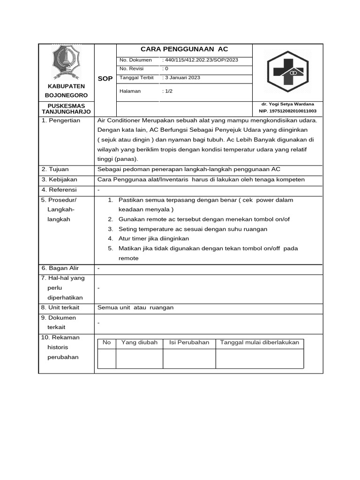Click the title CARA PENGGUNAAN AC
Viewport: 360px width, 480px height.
[x=184, y=49]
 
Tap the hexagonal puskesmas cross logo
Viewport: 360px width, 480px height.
[x=288, y=72]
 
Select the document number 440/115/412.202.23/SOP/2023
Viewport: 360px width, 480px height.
[x=200, y=60]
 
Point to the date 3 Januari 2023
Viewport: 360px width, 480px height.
[x=181, y=78]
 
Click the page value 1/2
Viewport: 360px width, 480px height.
[x=167, y=91]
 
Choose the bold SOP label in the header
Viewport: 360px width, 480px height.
[x=105, y=79]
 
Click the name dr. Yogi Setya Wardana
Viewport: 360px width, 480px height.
[x=288, y=104]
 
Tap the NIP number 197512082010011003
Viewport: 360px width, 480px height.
[x=288, y=111]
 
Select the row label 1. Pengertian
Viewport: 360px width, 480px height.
[x=61, y=120]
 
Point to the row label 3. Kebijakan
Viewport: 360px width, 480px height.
[x=59, y=180]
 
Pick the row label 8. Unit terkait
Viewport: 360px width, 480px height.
[x=60, y=307]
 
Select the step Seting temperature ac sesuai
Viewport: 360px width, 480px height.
[x=193, y=229]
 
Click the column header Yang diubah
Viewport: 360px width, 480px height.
[x=139, y=343]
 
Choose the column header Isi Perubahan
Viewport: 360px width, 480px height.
[x=189, y=343]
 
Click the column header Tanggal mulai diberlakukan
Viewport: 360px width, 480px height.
[x=259, y=343]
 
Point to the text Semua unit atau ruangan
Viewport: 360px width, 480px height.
[x=135, y=307]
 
